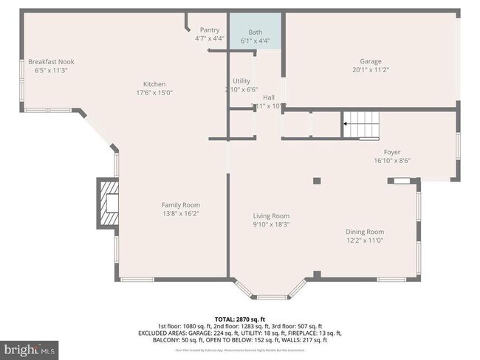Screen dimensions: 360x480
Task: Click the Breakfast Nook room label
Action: pos(51,61)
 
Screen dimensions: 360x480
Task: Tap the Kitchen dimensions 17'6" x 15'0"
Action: pos(154,93)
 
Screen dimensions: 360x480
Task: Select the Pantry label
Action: pos(210,30)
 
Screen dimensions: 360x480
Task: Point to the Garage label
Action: pos(371,61)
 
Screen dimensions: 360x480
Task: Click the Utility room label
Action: pos(241,80)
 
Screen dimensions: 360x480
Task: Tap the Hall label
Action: pos(269,97)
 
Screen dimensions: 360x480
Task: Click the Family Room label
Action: pos(181,204)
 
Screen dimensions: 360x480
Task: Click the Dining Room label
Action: pos(365,232)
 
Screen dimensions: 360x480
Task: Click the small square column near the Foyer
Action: pos(316,180)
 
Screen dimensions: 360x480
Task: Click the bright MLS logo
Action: pos(30,348)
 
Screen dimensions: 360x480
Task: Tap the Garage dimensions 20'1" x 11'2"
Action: pos(371,70)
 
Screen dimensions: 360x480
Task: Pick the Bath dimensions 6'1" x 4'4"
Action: pos(256,41)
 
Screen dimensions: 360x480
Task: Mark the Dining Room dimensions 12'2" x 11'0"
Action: pos(365,240)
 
